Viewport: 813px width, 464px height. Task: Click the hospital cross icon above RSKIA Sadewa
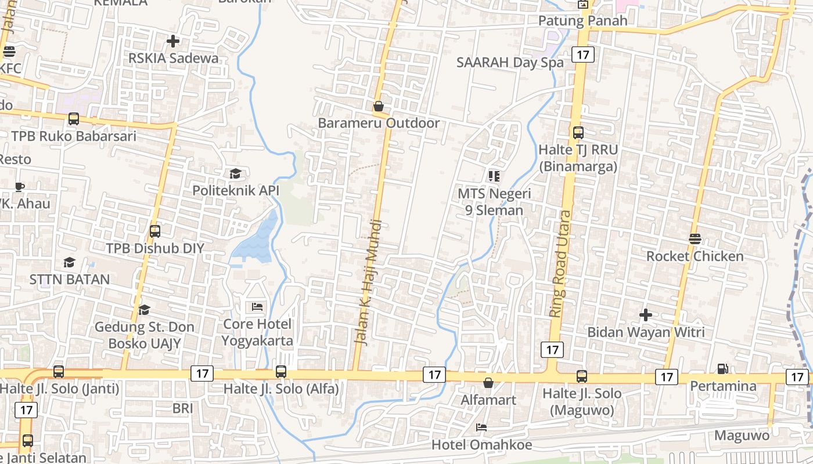172,41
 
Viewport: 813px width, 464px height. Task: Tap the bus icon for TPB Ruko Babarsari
73,119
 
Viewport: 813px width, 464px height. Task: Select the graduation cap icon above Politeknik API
235,173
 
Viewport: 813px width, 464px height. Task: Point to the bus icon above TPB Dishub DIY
154,231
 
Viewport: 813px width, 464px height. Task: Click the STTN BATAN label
70,280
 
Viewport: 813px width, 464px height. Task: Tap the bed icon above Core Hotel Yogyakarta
257,306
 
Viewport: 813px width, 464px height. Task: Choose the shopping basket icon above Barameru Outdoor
379,106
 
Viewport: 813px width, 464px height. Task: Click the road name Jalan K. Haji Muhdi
368,282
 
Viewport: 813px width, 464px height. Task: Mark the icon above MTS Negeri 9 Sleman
494,176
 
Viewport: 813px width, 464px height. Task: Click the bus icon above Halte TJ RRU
578,132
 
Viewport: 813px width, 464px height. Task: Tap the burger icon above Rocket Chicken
695,238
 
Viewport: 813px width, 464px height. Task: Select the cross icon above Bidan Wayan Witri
645,315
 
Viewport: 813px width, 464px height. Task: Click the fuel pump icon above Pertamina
722,368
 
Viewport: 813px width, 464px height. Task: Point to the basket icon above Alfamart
488,383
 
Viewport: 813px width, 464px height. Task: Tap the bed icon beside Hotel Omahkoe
481,427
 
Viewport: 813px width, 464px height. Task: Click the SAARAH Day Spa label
510,63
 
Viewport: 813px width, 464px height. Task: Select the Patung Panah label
582,21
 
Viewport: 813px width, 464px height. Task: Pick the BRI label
182,408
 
